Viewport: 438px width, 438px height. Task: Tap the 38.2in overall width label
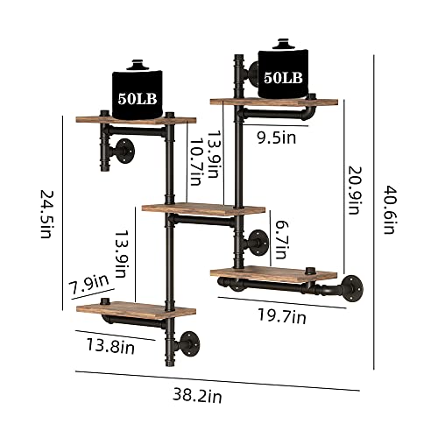197,396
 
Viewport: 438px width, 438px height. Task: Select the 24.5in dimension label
46,214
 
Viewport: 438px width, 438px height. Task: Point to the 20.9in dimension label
354,190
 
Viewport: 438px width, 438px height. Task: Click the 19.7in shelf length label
282,316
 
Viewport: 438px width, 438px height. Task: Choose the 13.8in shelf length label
110,346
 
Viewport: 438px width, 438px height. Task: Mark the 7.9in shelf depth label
90,284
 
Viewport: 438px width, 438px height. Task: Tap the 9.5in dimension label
277,138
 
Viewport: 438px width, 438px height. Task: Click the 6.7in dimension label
281,240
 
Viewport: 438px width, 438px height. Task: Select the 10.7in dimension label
195,161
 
